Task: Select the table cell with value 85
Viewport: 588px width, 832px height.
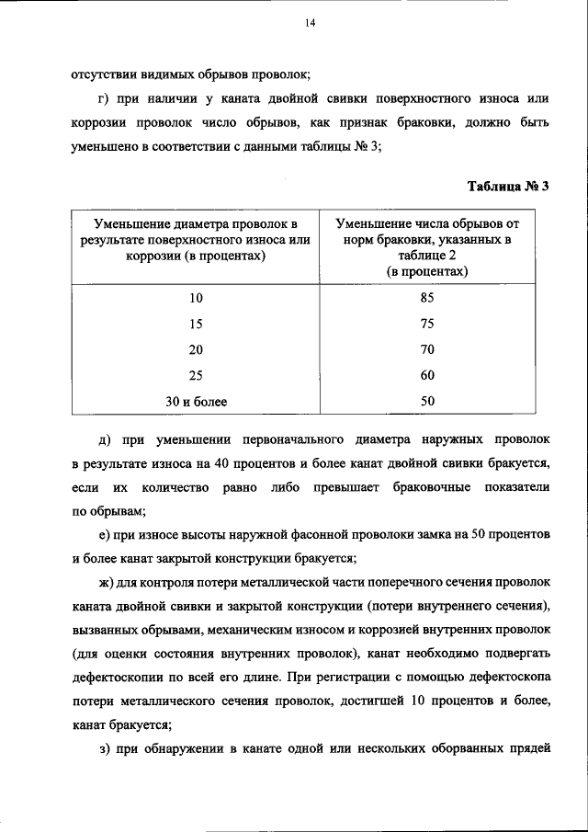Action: [426, 298]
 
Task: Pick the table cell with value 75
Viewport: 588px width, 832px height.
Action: [426, 324]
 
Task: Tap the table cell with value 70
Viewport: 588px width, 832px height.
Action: [426, 349]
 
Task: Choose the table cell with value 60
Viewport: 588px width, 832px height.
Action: [426, 375]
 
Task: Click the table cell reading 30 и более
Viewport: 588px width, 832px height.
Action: [196, 401]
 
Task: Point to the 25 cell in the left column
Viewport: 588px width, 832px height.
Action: [196, 375]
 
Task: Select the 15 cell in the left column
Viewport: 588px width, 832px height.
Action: [196, 324]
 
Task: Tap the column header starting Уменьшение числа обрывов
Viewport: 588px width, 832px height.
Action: [427, 246]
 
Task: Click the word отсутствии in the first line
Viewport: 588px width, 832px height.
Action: [102, 74]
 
